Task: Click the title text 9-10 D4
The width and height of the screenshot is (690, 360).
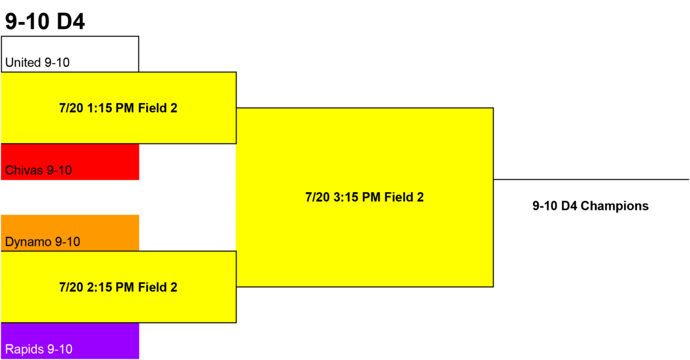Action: click(45, 21)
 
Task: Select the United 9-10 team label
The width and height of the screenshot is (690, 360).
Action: click(37, 63)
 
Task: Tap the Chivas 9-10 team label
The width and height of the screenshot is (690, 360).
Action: click(39, 170)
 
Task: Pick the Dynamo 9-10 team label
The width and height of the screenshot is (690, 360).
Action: click(43, 242)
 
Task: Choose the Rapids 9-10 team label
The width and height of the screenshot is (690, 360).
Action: click(39, 349)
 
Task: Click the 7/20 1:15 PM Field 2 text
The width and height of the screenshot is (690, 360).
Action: click(118, 108)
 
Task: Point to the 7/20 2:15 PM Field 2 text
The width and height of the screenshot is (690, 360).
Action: click(118, 288)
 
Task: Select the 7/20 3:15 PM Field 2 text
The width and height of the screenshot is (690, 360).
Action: click(365, 197)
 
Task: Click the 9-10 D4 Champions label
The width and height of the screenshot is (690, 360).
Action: click(591, 206)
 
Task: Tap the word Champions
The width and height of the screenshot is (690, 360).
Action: click(615, 206)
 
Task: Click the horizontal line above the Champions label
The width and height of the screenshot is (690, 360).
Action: click(591, 179)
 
